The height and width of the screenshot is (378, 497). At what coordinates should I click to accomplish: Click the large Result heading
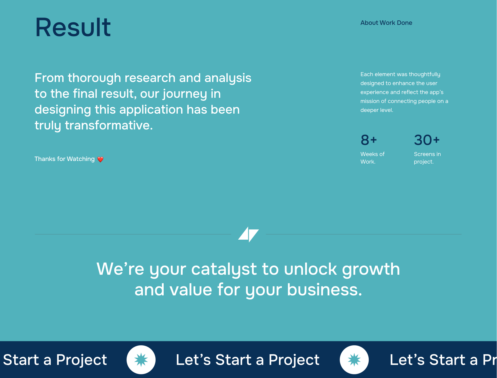click(x=73, y=27)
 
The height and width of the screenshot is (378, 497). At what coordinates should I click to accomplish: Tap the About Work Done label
click(x=386, y=23)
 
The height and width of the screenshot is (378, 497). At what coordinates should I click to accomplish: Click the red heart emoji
click(x=100, y=159)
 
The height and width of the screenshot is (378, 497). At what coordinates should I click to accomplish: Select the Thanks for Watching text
click(x=64, y=159)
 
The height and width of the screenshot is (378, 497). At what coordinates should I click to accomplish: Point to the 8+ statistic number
click(x=369, y=140)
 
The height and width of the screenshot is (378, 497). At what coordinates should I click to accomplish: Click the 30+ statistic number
click(x=427, y=140)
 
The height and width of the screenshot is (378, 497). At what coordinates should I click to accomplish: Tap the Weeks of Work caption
click(x=372, y=158)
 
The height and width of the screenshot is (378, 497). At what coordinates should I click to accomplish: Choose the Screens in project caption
click(x=427, y=158)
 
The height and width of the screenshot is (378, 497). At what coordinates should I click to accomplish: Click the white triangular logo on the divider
click(x=248, y=234)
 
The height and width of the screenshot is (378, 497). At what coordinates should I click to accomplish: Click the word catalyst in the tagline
click(x=224, y=269)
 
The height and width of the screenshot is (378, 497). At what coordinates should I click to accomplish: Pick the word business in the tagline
click(x=324, y=290)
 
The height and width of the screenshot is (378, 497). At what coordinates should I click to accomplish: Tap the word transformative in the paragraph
click(x=109, y=125)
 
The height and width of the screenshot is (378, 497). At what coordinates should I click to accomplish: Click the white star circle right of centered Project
click(x=354, y=360)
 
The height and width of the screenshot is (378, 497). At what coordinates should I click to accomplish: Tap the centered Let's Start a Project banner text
click(x=248, y=360)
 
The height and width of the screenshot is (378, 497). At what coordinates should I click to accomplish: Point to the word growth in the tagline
click(x=371, y=269)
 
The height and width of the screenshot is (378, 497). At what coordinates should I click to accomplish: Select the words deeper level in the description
click(x=377, y=110)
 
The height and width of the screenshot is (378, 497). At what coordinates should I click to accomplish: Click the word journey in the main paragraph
click(x=185, y=94)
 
